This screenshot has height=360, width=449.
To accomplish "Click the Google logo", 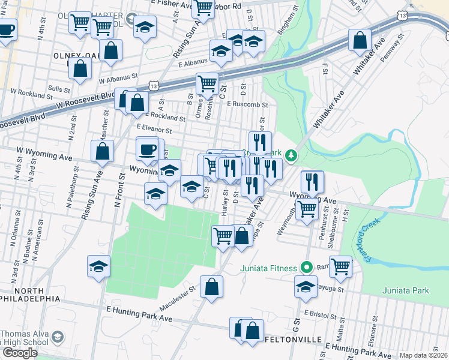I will [x=19, y=353].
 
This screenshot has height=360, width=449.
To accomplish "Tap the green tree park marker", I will [x=291, y=156].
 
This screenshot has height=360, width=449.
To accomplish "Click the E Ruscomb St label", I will [x=247, y=104].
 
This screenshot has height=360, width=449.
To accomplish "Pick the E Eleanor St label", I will [x=154, y=128].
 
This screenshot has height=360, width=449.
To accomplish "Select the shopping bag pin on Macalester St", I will [x=211, y=287].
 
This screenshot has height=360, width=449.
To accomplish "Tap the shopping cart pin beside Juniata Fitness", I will [x=340, y=265].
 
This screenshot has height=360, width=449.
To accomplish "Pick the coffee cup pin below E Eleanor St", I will [x=148, y=148].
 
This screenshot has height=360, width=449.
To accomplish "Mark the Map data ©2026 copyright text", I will [x=423, y=355].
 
